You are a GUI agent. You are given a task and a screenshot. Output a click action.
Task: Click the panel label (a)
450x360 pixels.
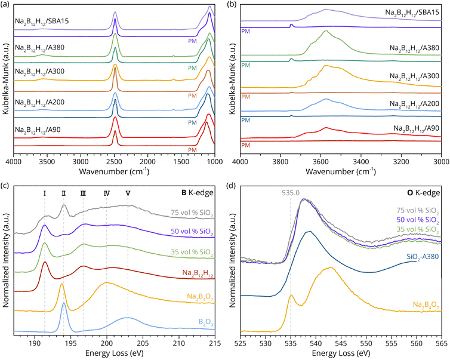6,5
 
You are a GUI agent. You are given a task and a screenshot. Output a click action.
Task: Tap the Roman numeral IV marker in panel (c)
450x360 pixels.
106,193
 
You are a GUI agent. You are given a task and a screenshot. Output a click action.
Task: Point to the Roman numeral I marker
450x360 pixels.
44,193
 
